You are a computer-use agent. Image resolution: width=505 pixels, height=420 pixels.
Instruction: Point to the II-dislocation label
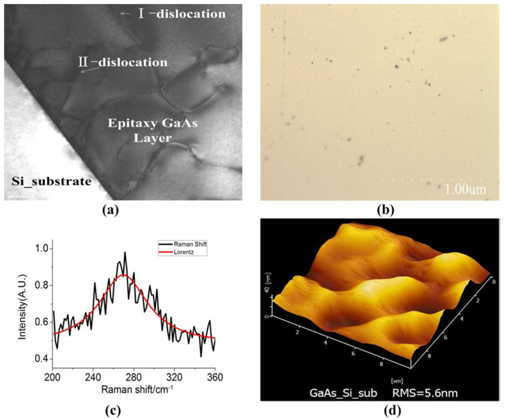coord(122,63)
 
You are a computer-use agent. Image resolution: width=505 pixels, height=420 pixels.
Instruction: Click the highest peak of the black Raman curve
coord(125,252)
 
